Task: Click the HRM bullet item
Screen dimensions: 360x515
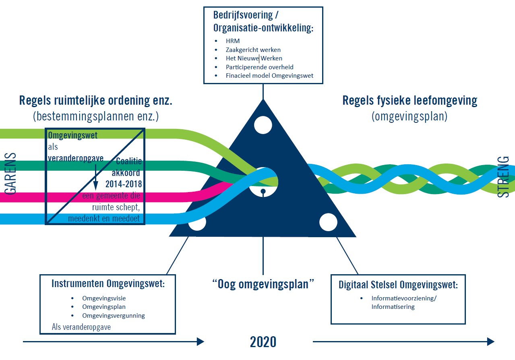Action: click(233, 41)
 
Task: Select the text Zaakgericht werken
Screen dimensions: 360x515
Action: click(253, 50)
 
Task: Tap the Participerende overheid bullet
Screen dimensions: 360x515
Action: click(259, 67)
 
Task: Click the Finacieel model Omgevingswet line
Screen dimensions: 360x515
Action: click(269, 75)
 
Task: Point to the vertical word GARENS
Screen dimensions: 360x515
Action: click(11, 173)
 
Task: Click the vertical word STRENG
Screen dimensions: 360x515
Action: click(503, 176)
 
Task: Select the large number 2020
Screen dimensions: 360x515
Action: click(263, 342)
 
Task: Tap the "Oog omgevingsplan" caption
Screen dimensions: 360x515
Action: click(263, 284)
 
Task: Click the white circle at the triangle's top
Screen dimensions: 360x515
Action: click(263, 124)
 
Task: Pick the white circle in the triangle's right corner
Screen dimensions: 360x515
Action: click(328, 222)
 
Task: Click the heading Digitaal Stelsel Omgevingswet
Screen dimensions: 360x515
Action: click(398, 285)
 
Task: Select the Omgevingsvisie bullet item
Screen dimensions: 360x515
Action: click(104, 298)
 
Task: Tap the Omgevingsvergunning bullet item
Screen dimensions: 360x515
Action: click(114, 315)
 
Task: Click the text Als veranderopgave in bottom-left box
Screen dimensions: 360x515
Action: click(81, 327)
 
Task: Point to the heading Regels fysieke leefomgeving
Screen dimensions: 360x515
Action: click(410, 100)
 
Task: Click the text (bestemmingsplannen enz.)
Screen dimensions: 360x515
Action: click(96, 117)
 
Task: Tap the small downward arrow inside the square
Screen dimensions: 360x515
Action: click(96, 177)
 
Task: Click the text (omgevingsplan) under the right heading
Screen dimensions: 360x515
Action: click(410, 116)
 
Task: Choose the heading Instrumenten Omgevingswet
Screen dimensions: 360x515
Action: click(108, 283)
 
